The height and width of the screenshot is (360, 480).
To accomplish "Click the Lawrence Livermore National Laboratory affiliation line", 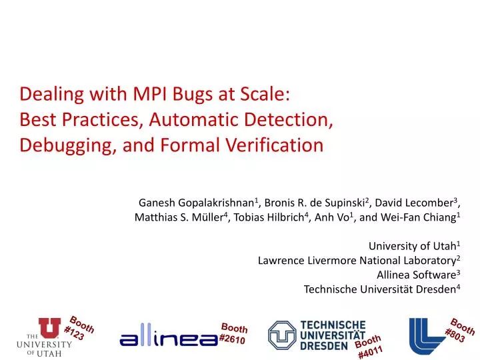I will point(358,260).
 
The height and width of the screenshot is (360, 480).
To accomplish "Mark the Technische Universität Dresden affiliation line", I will point(381,289).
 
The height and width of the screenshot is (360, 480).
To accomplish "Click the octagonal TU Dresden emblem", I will point(282,335).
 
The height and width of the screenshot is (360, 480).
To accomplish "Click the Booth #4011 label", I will point(369,347).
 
